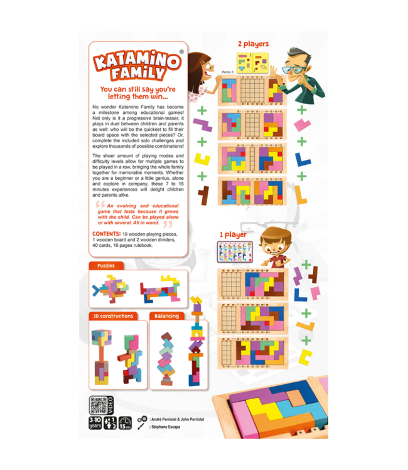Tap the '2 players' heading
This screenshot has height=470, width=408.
(253, 44)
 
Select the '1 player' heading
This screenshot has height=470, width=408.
(232, 235)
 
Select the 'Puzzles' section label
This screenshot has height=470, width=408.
(107, 266)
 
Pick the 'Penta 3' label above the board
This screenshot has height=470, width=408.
(228, 72)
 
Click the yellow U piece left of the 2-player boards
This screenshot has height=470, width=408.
(201, 158)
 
